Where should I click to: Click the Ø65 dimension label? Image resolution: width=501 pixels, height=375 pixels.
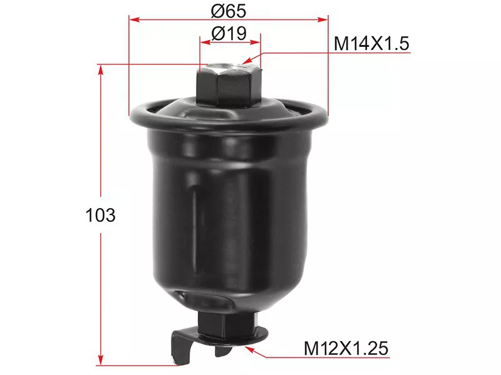pos(229,11)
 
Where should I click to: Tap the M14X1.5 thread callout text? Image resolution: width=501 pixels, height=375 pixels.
pos(371,44)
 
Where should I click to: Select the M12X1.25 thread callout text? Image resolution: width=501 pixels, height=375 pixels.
pos(346,347)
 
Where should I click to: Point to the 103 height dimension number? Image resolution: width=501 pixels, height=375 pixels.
pos(100,216)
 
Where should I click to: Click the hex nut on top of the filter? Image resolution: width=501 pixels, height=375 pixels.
pos(229,87)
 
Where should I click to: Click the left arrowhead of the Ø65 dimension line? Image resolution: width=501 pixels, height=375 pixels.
pos(133,19)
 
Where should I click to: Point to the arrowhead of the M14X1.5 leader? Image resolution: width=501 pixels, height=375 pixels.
pos(246,62)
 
